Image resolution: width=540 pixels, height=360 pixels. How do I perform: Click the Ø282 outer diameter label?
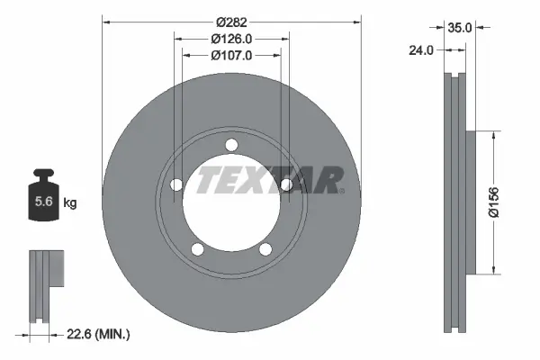click(x=231, y=22)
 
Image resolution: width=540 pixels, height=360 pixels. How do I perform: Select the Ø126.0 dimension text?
click(x=231, y=39)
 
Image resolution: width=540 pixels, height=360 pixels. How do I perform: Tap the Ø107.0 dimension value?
click(x=231, y=55)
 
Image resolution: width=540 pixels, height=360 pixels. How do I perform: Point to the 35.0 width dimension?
click(x=460, y=28)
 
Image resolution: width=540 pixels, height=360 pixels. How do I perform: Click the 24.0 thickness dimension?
click(x=420, y=51)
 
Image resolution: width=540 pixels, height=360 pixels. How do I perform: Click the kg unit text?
click(x=69, y=203)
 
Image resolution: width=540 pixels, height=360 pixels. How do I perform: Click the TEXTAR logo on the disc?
click(x=269, y=180)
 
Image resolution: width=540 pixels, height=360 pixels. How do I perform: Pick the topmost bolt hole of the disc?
click(x=231, y=146)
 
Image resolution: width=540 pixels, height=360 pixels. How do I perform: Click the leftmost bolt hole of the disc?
click(x=176, y=185)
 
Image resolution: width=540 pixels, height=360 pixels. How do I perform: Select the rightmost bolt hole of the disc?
click(x=286, y=185)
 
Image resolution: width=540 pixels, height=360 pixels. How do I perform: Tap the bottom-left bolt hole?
click(x=197, y=249)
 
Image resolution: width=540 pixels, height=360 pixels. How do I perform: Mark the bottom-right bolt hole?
click(x=265, y=249)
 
